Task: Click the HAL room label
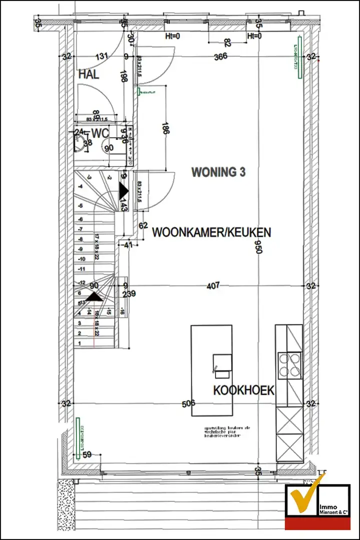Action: (88, 75)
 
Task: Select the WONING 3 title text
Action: (218, 172)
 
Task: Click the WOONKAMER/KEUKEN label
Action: (211, 232)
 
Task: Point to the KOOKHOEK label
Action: (244, 390)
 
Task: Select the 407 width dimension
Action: (213, 286)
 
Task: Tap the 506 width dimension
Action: (188, 403)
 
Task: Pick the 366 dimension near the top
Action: (220, 56)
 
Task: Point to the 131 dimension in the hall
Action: (102, 56)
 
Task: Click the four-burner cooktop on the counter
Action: (289, 364)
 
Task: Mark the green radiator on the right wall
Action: (299, 57)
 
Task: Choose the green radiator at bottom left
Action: (78, 438)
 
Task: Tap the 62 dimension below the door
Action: (143, 226)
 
